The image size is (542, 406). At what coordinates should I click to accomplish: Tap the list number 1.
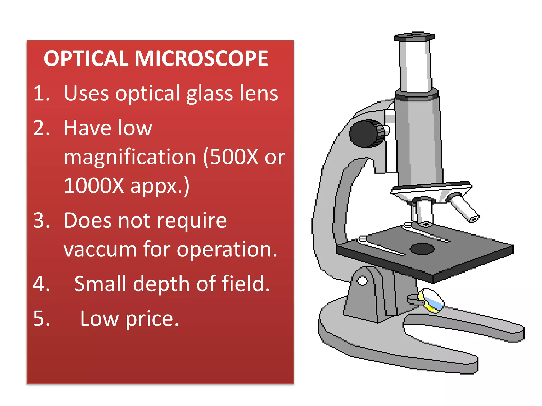tap(41, 93)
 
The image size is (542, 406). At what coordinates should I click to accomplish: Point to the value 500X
tap(234, 157)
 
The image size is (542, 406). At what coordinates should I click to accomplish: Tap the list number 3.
tap(41, 220)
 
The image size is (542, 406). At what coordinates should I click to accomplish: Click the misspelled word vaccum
tap(100, 250)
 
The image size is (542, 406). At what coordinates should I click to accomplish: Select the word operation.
tap(227, 250)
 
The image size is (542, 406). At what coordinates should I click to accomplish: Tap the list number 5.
tap(41, 319)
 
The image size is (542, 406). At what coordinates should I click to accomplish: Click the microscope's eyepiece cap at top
tap(414, 36)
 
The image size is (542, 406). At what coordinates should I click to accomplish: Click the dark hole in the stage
tap(422, 249)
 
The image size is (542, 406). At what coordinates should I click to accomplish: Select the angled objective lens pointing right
tap(464, 209)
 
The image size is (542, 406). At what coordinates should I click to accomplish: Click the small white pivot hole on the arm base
tap(362, 280)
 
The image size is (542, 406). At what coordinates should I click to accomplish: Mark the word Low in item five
tap(99, 319)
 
